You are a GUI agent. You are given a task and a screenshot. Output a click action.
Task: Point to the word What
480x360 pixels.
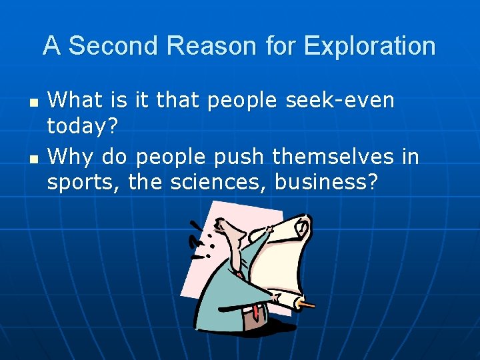(75, 101)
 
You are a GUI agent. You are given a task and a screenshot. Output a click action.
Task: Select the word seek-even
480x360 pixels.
(340, 101)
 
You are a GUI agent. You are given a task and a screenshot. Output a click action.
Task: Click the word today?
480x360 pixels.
(80, 125)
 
